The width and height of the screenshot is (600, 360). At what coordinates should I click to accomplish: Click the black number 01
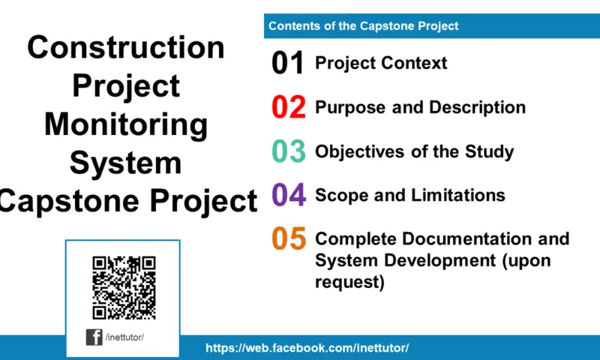pyautogui.click(x=288, y=64)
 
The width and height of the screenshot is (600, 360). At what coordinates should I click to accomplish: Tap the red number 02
pyautogui.click(x=288, y=108)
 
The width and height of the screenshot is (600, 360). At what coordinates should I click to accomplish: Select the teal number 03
pyautogui.click(x=288, y=151)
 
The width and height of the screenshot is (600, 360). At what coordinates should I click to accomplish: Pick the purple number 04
pyautogui.click(x=288, y=195)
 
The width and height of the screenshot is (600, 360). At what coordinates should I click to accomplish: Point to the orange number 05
pyautogui.click(x=288, y=239)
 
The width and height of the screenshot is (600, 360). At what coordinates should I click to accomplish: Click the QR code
pyautogui.click(x=124, y=287)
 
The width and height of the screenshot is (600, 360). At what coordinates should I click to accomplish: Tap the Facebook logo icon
pyautogui.click(x=94, y=337)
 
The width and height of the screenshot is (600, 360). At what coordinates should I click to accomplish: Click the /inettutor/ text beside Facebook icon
pyautogui.click(x=124, y=337)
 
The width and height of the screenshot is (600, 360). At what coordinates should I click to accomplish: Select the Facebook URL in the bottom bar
pyautogui.click(x=307, y=349)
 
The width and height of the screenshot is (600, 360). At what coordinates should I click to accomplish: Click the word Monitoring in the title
pyautogui.click(x=126, y=124)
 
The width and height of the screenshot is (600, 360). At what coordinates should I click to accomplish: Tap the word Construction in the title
pyautogui.click(x=126, y=47)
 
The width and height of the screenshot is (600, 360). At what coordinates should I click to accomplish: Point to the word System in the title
pyautogui.click(x=126, y=163)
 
